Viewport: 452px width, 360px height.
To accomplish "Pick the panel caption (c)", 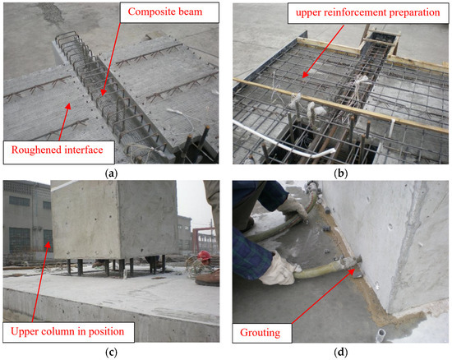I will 112,352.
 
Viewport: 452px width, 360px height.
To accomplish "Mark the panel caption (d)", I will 339,352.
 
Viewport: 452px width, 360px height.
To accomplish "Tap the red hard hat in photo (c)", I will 203,256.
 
